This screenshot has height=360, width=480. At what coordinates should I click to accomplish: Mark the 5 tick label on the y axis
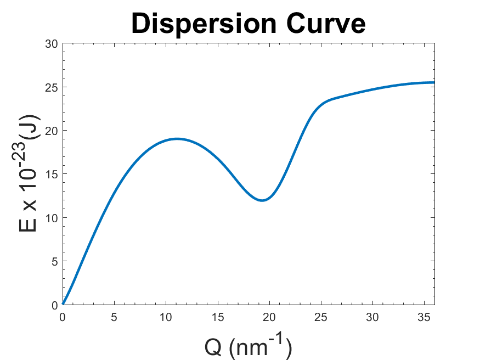click(54, 261)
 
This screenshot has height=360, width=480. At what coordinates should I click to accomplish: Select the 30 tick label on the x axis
click(372, 317)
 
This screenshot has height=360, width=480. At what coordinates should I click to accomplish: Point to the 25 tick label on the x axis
click(321, 317)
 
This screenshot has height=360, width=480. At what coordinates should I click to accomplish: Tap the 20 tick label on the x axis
click(269, 317)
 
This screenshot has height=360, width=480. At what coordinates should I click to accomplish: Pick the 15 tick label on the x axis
click(218, 317)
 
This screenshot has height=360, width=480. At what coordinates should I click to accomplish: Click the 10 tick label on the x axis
click(166, 317)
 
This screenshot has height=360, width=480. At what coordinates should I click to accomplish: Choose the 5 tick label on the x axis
click(115, 317)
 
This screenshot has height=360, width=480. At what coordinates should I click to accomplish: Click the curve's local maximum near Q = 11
click(177, 139)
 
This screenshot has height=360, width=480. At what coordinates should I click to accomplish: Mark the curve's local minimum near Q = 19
click(262, 200)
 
